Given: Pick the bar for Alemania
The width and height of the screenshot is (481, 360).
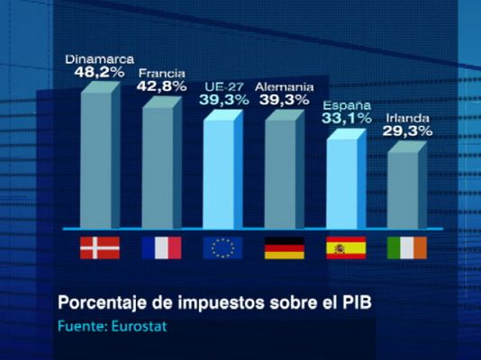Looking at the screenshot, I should [x=281, y=171].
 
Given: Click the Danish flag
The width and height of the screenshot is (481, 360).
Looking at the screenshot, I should [x=99, y=247].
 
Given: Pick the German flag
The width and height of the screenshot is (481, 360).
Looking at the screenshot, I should [x=283, y=247].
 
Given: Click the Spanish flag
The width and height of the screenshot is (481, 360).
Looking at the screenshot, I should [x=344, y=247].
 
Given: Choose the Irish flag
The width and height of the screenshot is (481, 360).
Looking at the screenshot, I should [x=405, y=247].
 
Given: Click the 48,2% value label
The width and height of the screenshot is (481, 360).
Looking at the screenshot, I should [x=99, y=72].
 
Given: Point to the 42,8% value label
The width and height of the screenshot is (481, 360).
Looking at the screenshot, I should [x=162, y=86].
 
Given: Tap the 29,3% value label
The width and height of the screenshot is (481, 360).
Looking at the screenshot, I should [x=408, y=130].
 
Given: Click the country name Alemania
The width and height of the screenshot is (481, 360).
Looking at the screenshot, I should [x=284, y=86].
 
